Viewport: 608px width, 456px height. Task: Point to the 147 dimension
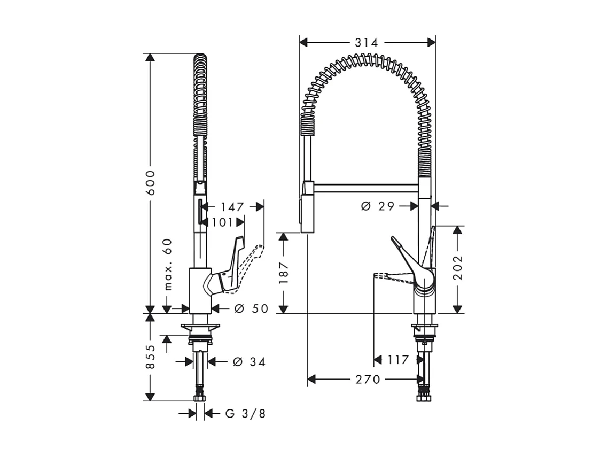pos(232,207)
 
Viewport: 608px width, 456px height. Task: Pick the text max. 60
pos(168,264)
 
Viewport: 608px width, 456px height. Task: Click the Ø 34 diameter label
pos(249,362)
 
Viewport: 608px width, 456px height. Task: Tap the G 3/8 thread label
pos(245,413)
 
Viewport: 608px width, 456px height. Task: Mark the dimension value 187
pos(284,273)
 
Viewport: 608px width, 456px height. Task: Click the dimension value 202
pos(457,269)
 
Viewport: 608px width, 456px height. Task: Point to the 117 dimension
pos(398,360)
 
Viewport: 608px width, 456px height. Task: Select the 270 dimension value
pos(368,380)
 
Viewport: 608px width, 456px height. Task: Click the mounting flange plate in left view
pos(200,327)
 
